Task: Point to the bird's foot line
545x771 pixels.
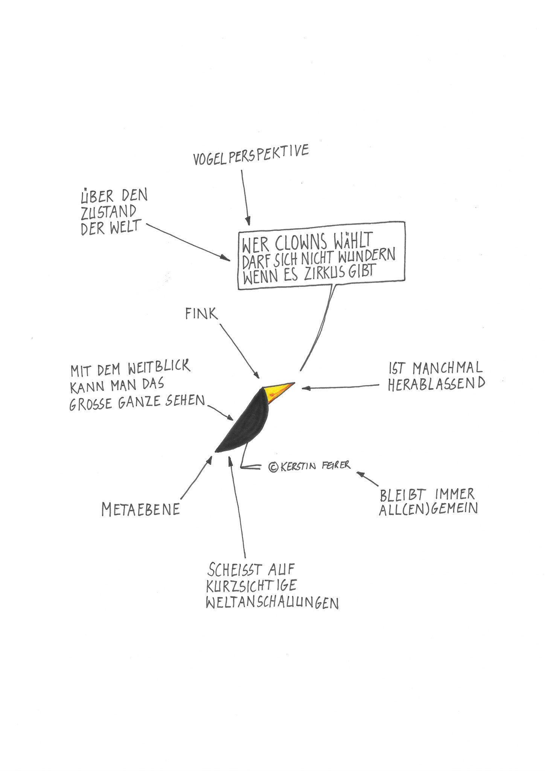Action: coord(251,467)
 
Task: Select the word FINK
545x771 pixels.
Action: coord(202,314)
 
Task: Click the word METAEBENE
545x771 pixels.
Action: coord(140,510)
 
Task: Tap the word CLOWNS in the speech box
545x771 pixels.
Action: coord(300,243)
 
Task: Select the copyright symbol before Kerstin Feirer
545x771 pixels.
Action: coord(273,467)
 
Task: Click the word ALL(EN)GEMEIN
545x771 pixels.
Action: coord(428,509)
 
